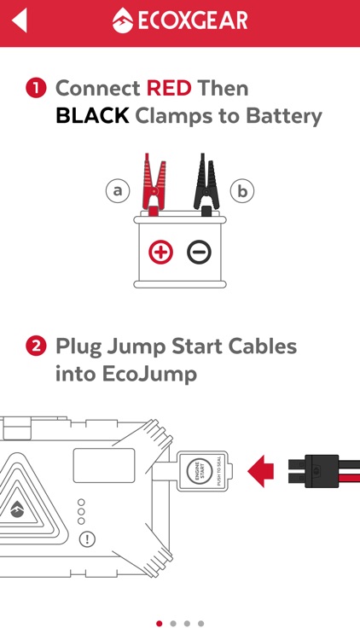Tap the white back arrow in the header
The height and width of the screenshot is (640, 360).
click(x=19, y=20)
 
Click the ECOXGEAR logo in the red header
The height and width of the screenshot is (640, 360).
click(x=180, y=20)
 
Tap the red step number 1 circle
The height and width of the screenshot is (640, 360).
click(x=36, y=89)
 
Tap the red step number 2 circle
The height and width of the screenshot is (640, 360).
click(x=36, y=347)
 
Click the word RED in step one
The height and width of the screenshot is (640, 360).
click(x=169, y=88)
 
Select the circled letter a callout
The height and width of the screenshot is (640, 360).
click(x=118, y=190)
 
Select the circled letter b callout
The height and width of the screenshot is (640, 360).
click(x=242, y=190)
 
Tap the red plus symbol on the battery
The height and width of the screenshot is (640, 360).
click(x=160, y=252)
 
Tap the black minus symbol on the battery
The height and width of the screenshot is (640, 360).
click(x=200, y=252)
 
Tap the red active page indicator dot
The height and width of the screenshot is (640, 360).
click(x=160, y=624)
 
